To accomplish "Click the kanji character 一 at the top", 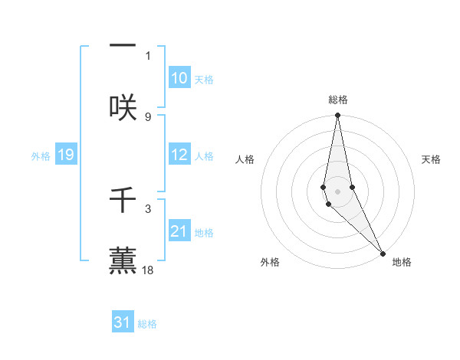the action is click(123, 45).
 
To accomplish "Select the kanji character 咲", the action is click(123, 106).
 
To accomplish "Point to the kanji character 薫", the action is click(123, 260).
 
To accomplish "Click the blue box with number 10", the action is click(179, 78).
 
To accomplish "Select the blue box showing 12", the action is click(179, 155).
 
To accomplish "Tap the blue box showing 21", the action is click(179, 231).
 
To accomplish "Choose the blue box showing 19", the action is click(65, 155).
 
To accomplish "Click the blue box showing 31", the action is click(123, 322).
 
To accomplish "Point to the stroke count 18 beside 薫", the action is click(148, 270).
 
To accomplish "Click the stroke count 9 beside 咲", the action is click(148, 116).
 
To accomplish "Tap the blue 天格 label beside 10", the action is click(204, 80).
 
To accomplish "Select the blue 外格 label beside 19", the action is click(41, 156).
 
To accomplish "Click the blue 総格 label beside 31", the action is click(147, 324).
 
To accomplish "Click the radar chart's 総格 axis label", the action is click(338, 100).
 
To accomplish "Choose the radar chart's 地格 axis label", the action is click(402, 262).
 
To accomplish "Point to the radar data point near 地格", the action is click(383, 253).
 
